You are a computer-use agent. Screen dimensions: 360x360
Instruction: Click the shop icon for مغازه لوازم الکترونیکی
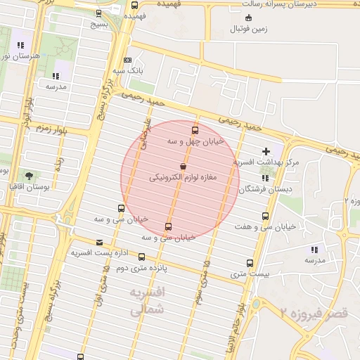pyautogui.click(x=183, y=167)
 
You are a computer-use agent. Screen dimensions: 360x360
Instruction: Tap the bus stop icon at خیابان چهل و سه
pyautogui.click(x=195, y=129)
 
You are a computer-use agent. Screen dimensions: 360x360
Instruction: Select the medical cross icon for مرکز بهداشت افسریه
pyautogui.click(x=266, y=151)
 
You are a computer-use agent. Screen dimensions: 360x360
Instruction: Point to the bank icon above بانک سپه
pyautogui.click(x=127, y=60)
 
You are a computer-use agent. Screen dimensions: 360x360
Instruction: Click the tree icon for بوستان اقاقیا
pyautogui.click(x=29, y=176)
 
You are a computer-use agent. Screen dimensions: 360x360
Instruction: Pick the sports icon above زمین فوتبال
pyautogui.click(x=249, y=18)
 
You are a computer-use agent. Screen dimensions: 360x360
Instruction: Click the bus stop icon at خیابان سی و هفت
pyautogui.click(x=265, y=216)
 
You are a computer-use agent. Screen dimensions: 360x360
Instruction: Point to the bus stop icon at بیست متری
pyautogui.click(x=250, y=263)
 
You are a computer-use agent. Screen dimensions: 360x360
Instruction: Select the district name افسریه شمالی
pyautogui.click(x=148, y=300)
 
